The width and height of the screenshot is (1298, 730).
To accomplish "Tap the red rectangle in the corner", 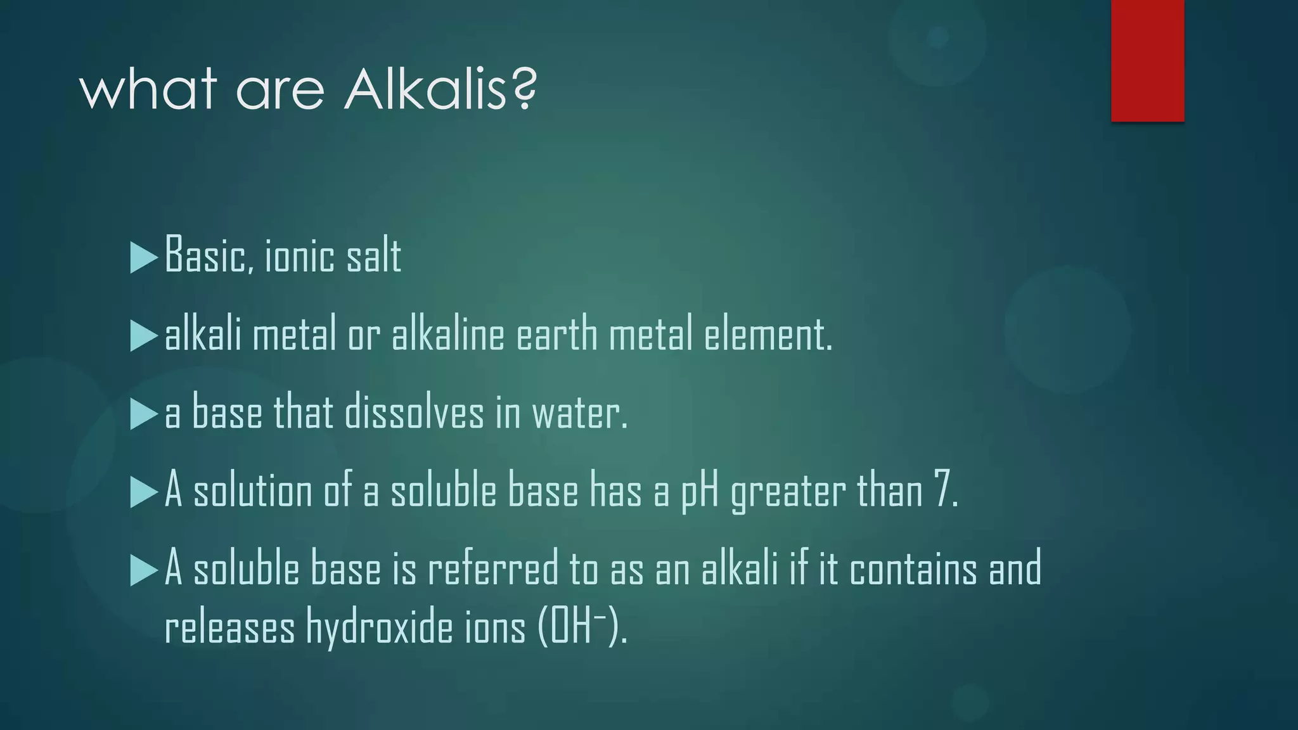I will coord(1147,60).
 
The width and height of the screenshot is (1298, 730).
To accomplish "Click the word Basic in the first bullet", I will coord(204,255).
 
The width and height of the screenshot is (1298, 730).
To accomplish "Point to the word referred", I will coord(492,568).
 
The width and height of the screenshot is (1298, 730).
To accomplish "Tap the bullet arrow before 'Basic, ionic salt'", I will coord(143,257).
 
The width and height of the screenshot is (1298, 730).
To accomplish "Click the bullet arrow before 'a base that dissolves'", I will coord(143,414).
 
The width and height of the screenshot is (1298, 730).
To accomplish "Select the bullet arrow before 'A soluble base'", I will coord(143,570).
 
